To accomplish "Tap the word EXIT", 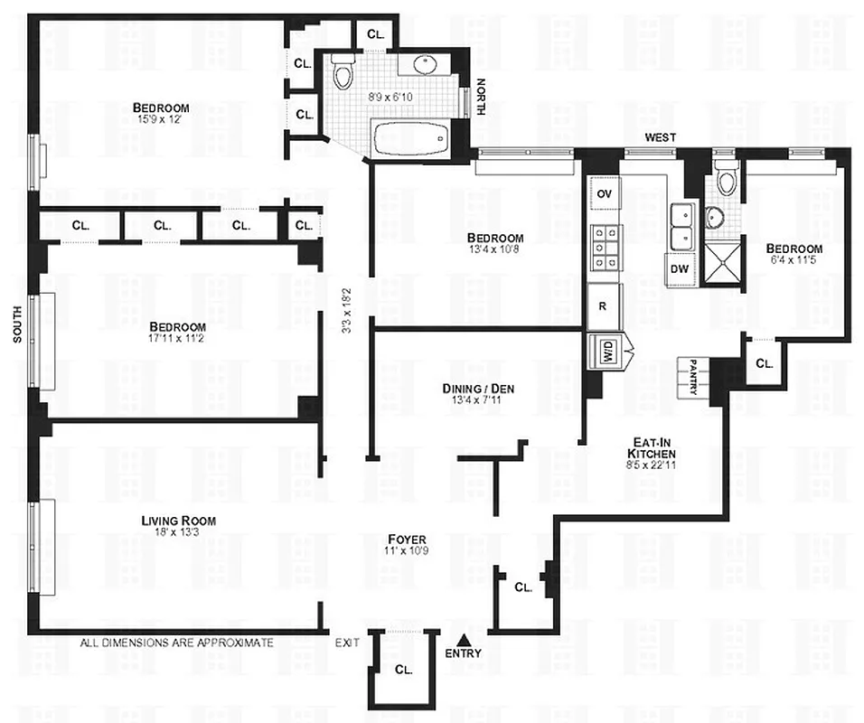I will click(347, 643).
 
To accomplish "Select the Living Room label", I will click(178, 521).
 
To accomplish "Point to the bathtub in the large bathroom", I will click(412, 140).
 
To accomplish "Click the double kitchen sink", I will click(682, 225).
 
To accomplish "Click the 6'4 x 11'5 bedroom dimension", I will click(794, 262).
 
